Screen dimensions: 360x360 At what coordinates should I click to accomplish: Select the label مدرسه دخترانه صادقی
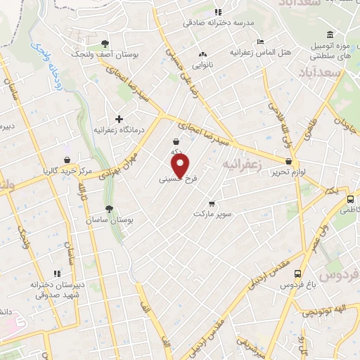(218, 22)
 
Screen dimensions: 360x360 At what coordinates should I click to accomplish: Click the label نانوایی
(203, 64)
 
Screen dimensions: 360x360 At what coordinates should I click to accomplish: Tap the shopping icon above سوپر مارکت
(202, 203)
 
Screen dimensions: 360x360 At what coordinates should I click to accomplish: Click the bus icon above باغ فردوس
(297, 274)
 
